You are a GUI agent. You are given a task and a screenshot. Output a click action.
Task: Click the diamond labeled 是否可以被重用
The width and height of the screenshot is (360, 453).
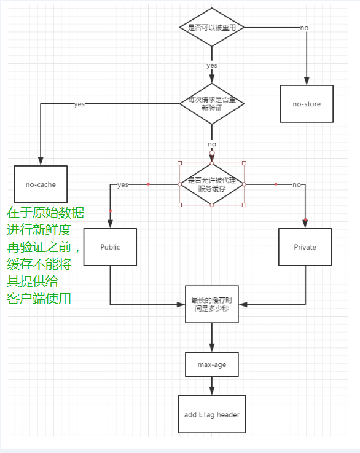point(212,28)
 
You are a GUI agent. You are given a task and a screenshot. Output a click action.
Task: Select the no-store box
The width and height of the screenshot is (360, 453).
point(307,104)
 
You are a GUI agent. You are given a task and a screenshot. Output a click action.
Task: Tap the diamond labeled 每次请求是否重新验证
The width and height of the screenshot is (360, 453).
point(212,103)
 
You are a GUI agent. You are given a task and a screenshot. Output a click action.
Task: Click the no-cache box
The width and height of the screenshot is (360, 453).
point(41,184)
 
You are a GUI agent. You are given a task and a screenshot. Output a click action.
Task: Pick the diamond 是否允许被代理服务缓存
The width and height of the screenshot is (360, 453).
point(212,184)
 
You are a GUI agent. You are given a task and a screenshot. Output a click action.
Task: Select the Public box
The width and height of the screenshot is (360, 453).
point(110,247)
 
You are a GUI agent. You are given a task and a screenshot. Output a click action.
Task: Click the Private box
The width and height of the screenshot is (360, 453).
point(305,247)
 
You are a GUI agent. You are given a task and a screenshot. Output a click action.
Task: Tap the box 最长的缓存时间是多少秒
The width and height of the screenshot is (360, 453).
point(212,304)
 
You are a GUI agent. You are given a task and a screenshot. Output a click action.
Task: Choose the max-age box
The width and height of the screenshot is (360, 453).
point(212,364)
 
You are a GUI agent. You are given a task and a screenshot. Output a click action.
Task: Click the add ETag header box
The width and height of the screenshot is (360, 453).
point(212,414)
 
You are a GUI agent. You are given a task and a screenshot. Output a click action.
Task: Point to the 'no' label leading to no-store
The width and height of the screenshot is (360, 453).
point(304,28)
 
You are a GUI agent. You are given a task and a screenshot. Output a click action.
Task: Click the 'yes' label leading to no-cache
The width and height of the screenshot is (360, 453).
point(79,104)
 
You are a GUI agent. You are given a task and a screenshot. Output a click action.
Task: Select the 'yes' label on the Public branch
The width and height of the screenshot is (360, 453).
point(123,184)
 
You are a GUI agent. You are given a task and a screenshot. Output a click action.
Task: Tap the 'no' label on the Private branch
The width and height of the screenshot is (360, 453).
point(297,184)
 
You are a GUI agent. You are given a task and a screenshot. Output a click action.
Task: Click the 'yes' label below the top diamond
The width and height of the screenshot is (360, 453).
point(212,65)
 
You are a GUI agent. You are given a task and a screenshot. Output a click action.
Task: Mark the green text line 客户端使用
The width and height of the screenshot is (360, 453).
point(39,299)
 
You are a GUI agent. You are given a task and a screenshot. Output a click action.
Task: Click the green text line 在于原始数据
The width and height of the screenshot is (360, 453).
point(45,213)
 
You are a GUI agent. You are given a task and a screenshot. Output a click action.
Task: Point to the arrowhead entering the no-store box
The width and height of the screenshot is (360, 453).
point(307,81)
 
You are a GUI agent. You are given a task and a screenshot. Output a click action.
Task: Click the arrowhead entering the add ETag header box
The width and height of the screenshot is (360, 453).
point(212,391)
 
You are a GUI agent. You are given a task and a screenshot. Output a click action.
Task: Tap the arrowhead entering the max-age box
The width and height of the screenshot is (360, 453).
point(212,348)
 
